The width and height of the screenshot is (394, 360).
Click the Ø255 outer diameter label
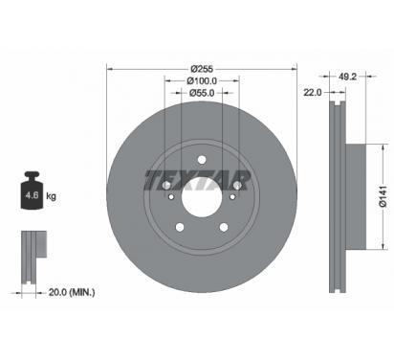coord(202,69)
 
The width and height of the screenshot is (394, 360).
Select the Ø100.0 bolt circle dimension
coord(202,81)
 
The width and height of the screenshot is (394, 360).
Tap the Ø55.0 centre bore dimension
coord(202,93)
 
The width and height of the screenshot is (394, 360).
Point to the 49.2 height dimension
coord(347,77)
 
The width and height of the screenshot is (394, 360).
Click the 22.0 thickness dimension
coord(313,93)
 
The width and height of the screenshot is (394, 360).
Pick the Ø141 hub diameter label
coord(383,196)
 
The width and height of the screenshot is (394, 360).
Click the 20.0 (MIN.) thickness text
coord(72,292)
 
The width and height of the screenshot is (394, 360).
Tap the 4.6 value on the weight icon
coord(32,195)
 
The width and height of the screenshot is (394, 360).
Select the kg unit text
coord(51,195)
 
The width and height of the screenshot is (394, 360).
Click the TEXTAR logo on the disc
coord(198,180)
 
